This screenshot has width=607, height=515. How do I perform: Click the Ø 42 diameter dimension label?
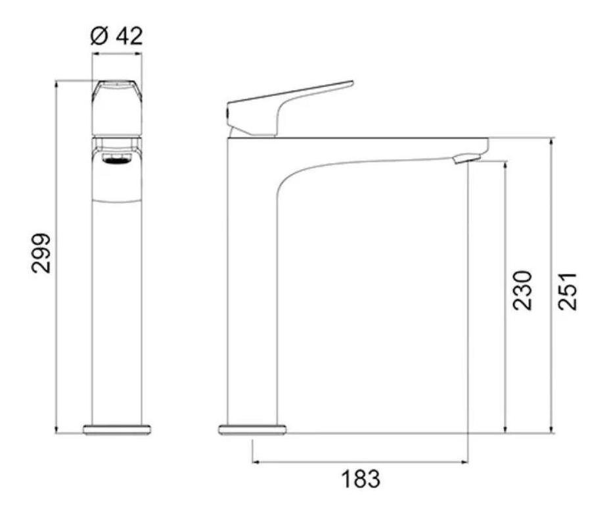coord(116,36)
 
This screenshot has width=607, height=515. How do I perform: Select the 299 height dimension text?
coord(41,253)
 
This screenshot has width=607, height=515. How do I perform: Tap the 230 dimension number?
coord(523,290)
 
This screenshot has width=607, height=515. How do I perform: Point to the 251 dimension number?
coord(568,291)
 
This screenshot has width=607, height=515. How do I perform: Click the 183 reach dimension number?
coord(361,479)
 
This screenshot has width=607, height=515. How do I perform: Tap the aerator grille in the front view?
coord(116,159)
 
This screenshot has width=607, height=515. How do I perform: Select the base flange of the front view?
coord(117,429)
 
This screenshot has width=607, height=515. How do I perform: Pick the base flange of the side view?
coord(252,429)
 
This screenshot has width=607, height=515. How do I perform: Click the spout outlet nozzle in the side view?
coord(467,158)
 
